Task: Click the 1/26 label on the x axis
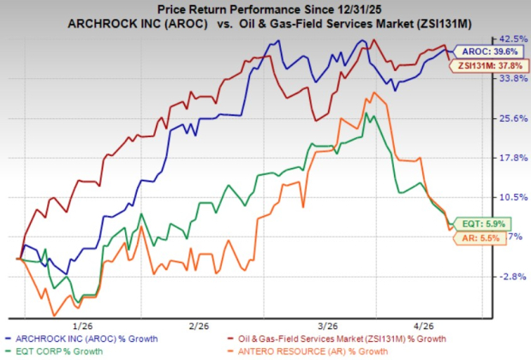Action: tap(83, 325)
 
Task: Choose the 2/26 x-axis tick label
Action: tap(199, 325)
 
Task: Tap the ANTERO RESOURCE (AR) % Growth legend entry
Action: tap(311, 351)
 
